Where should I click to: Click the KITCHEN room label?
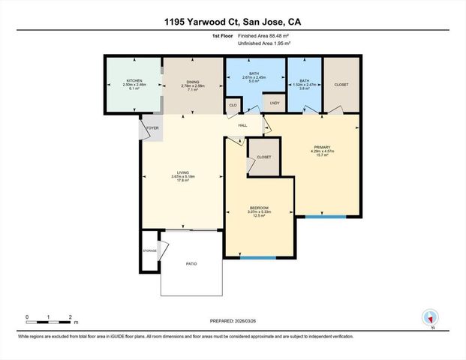coord(134,79)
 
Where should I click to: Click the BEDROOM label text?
coord(259,207)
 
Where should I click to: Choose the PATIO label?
coord(191,264)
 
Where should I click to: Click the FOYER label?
coord(153,127)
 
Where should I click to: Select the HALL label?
coord(242,125)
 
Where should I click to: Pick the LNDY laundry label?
coord(274,103)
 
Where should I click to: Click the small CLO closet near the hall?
coord(233,106)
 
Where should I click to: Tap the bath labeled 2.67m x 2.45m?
coord(254,73)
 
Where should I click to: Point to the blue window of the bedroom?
coord(257,259)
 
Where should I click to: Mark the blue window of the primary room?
coord(325,217)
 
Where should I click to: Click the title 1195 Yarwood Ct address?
coord(233,23)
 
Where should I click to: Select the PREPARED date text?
coord(233,319)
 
